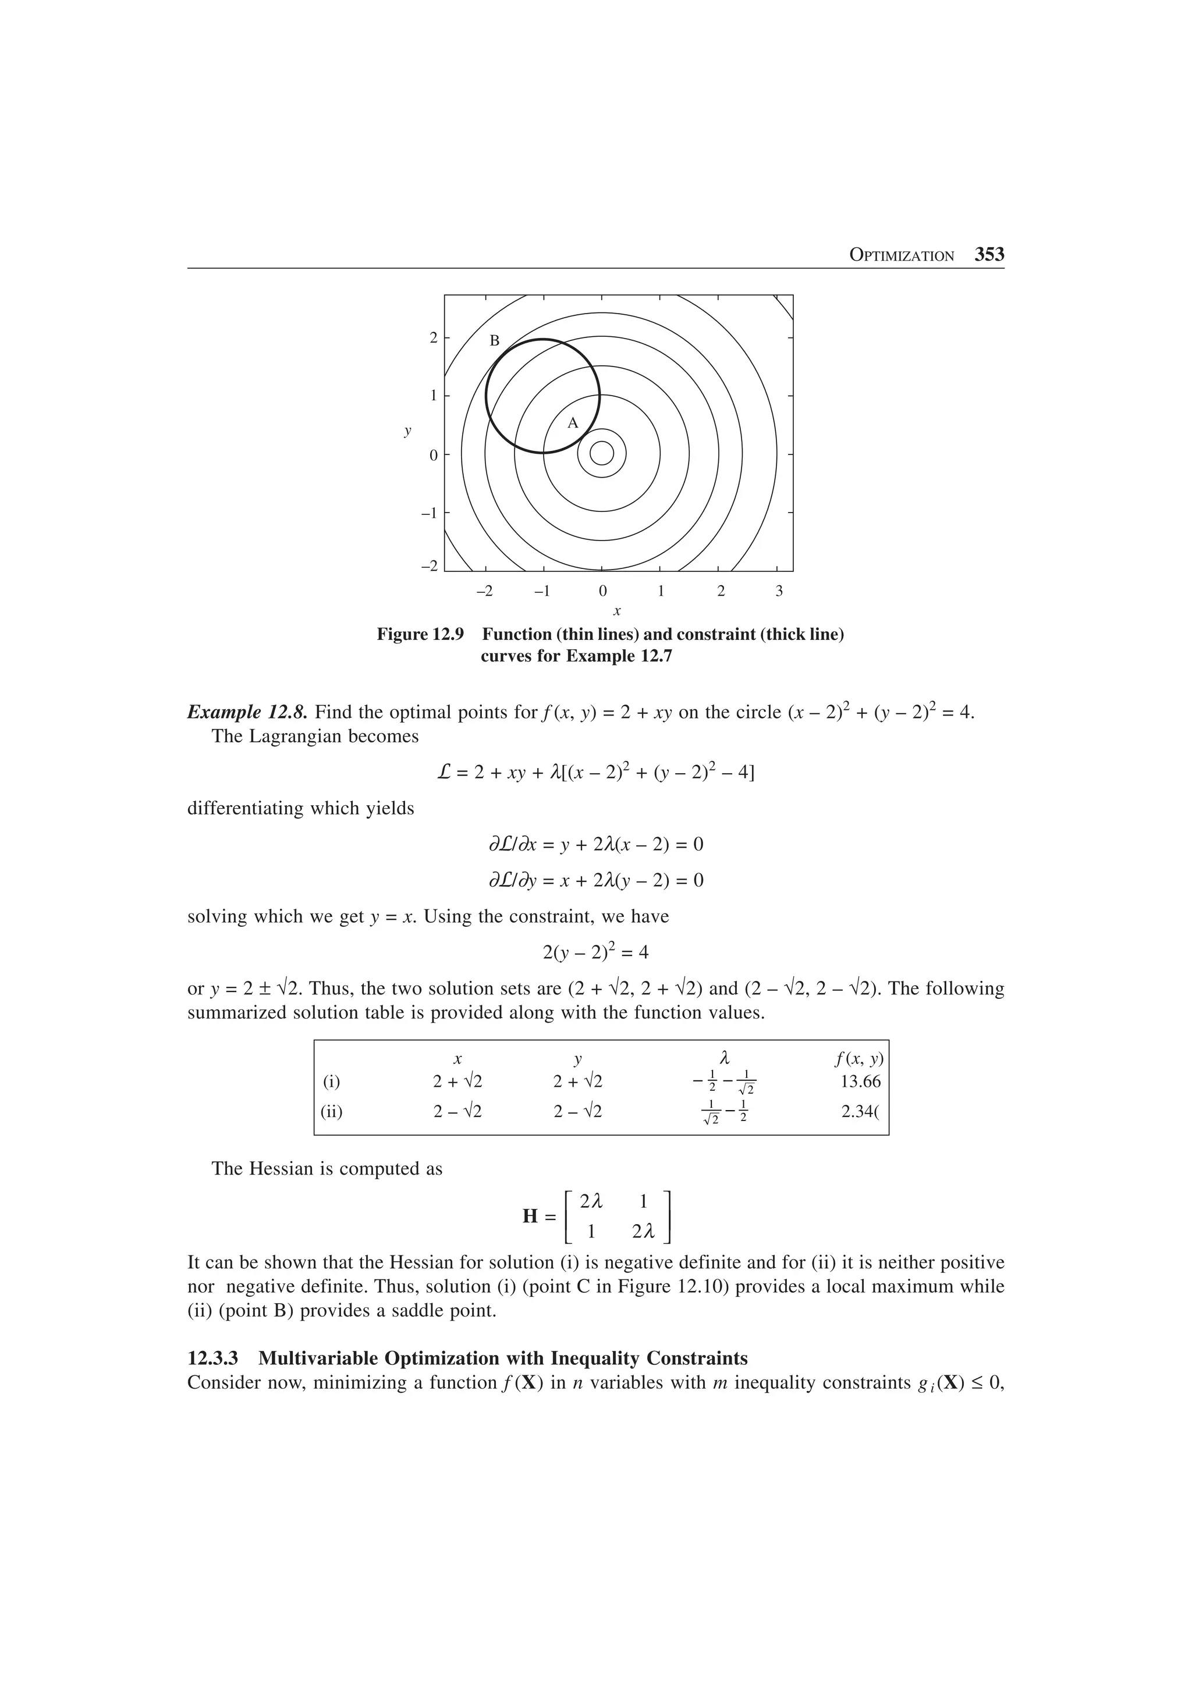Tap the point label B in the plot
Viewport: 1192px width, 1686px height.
click(494, 341)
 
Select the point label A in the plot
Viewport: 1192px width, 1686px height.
click(573, 423)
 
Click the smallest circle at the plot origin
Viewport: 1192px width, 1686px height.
click(601, 454)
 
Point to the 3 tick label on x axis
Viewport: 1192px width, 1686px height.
click(779, 591)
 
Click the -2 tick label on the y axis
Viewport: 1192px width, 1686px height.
click(429, 566)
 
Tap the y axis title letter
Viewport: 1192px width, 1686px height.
click(407, 431)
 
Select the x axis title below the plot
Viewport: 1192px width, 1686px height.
click(617, 611)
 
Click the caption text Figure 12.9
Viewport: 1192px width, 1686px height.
click(420, 635)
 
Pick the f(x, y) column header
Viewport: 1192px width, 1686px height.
click(858, 1059)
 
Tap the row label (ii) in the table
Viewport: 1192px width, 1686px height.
click(331, 1112)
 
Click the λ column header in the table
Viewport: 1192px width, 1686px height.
click(724, 1058)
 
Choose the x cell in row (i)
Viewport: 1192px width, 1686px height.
click(457, 1082)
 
